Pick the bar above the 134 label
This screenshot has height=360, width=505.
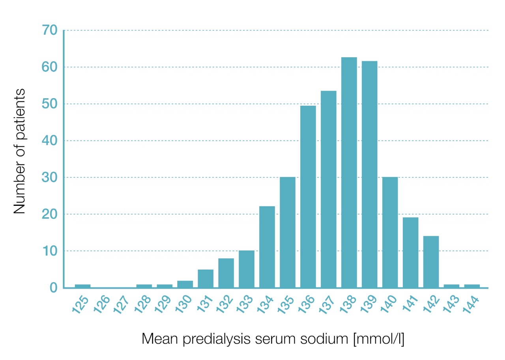point(267,247)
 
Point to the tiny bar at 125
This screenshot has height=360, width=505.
point(82,286)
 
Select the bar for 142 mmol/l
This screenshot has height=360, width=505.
point(431,262)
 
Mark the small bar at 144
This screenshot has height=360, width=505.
point(472,286)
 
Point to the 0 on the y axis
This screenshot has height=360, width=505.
point(53,288)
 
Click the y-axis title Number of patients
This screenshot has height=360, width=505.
point(19,151)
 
